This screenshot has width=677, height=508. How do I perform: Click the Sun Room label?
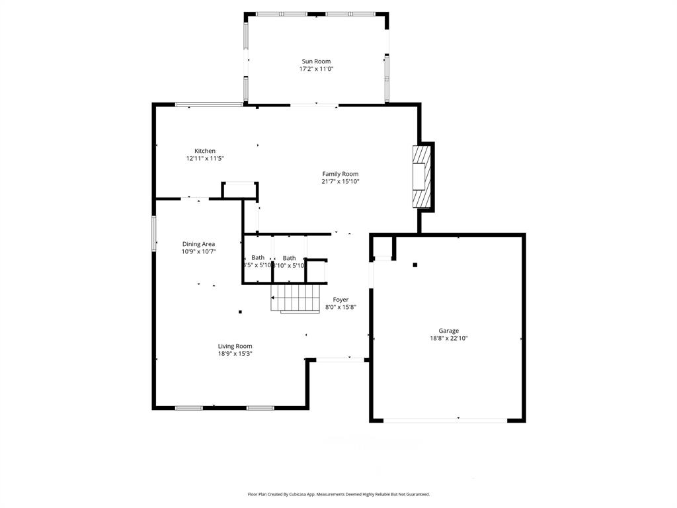pos(316,62)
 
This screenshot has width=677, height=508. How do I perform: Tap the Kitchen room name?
pos(205,151)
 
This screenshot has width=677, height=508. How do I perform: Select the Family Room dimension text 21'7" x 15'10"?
pos(340,181)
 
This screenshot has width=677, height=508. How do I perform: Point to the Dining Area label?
pos(199,244)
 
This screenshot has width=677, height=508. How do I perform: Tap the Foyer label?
pos(340,300)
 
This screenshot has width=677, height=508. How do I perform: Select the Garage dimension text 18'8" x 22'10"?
pos(449,338)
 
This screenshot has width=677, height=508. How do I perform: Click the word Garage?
pos(449,331)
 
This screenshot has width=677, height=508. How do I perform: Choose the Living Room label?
pos(235,346)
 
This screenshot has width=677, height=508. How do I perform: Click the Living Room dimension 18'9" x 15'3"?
pos(235,353)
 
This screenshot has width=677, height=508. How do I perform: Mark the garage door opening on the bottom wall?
pos(446,419)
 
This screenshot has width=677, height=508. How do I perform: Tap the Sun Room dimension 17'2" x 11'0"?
pos(316,69)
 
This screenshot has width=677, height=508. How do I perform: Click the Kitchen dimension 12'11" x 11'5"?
pos(205,158)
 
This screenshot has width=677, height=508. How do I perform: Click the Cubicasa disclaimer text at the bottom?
pos(338,494)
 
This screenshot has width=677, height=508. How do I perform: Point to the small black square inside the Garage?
pos(415,265)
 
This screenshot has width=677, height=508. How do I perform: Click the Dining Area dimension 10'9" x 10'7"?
pos(199,251)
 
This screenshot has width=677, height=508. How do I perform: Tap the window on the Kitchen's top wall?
pos(208,104)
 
